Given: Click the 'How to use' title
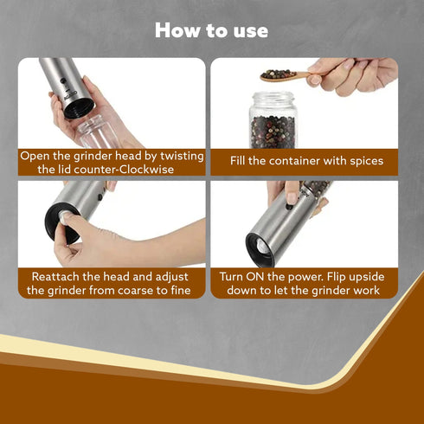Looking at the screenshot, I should (x=212, y=30).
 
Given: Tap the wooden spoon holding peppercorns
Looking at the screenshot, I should (x=286, y=76).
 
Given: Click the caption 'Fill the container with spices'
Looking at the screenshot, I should (x=306, y=161).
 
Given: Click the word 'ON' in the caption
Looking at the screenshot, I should (x=261, y=276).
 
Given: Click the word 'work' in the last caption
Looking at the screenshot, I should (x=363, y=290).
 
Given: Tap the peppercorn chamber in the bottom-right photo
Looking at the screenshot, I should (x=315, y=190).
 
